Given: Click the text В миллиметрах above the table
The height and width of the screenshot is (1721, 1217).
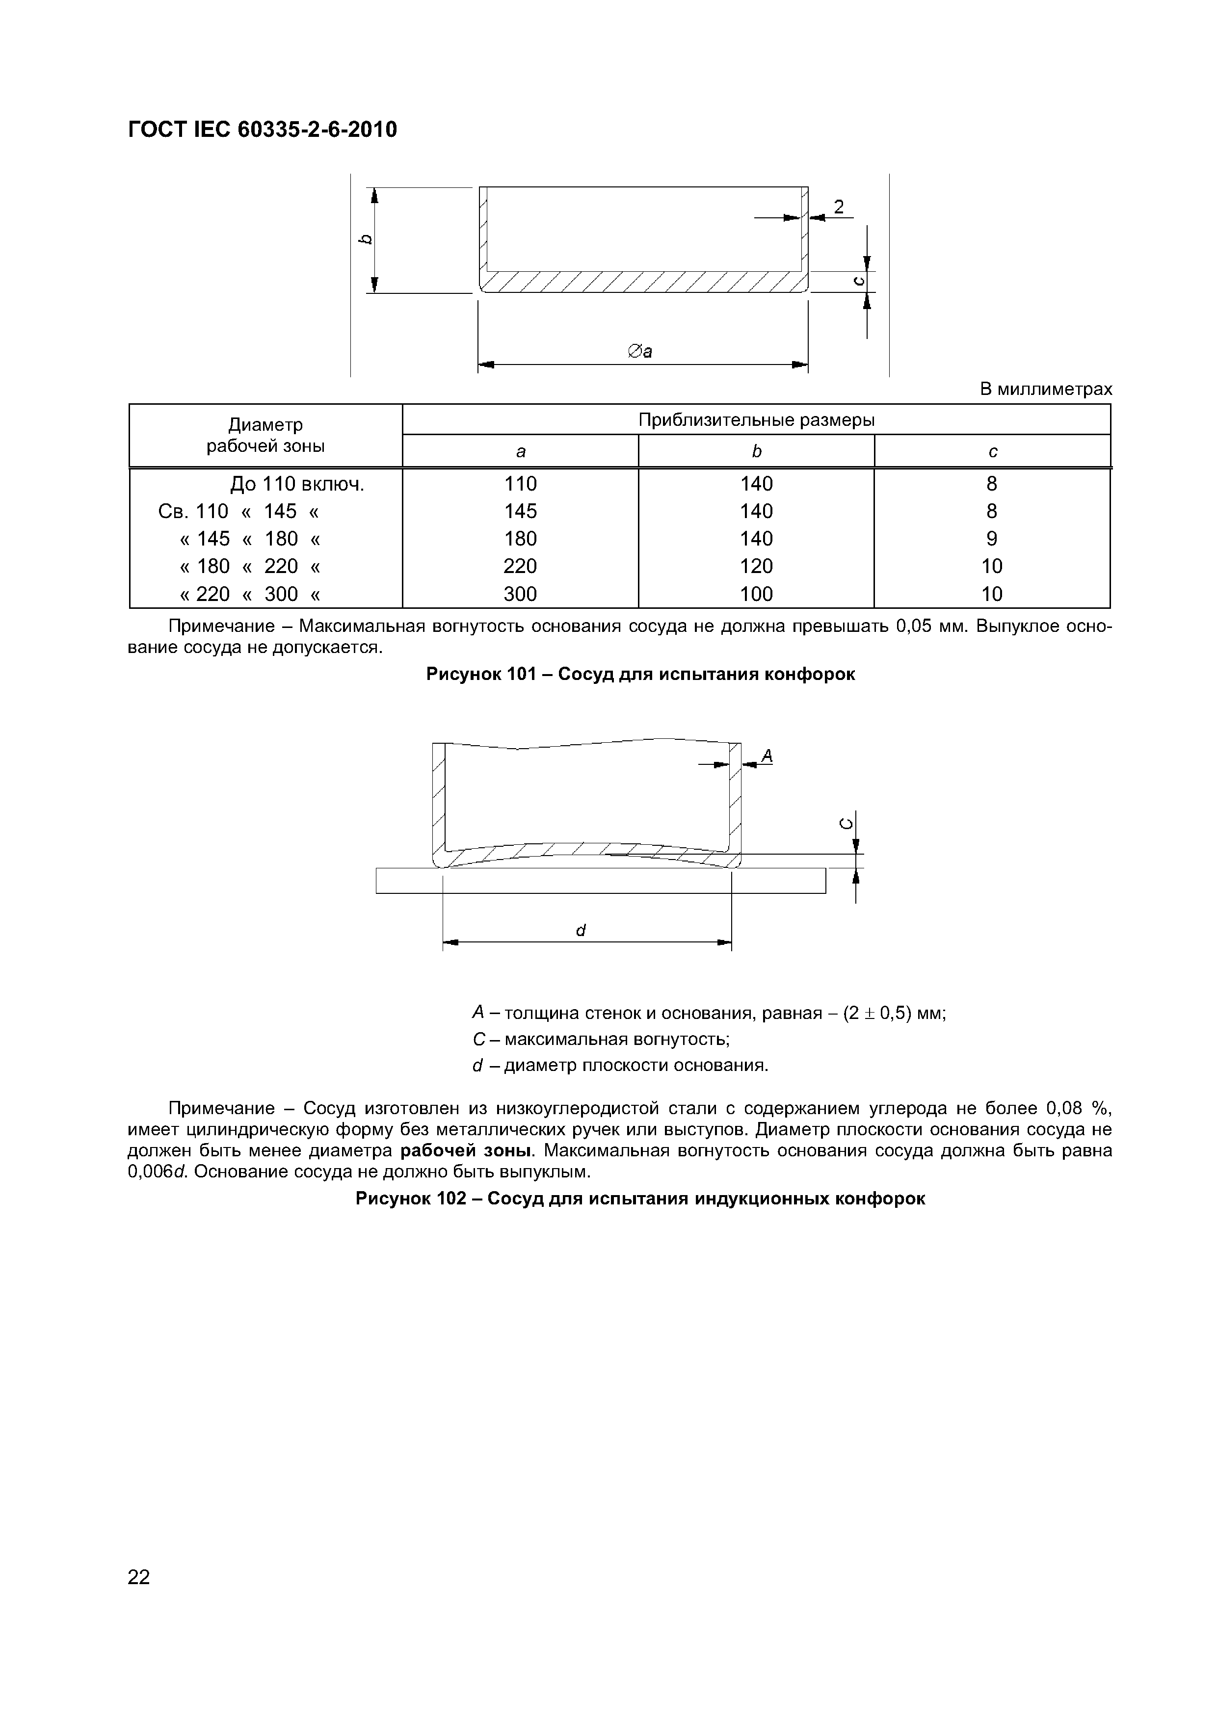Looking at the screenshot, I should tap(1046, 390).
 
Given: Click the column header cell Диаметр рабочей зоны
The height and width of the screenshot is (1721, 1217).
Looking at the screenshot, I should tap(265, 436).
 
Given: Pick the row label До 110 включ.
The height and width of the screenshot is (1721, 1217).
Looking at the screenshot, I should tap(297, 484).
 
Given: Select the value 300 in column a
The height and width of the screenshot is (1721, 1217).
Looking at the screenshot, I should tap(520, 595).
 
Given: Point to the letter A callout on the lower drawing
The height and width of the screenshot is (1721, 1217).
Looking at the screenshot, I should tap(767, 756).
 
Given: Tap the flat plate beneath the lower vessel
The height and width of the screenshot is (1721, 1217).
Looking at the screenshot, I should tap(600, 881).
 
